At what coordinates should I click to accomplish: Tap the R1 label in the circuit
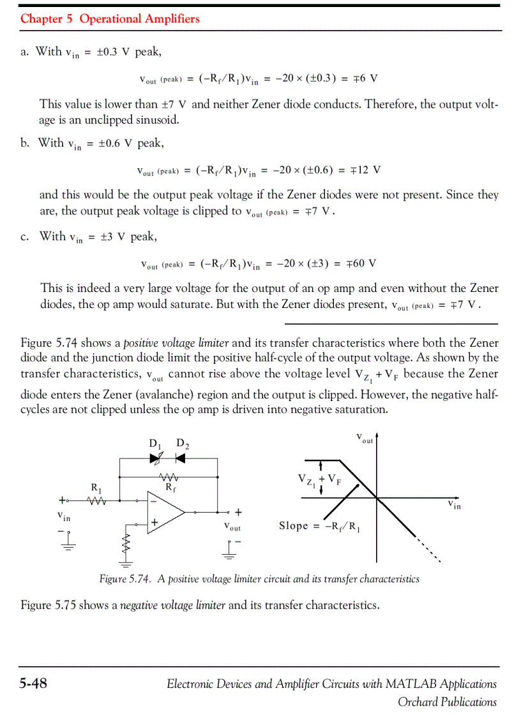[97, 488]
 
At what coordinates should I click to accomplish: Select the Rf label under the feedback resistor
[170, 488]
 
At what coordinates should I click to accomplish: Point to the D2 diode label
[182, 444]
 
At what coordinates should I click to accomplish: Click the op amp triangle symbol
[165, 511]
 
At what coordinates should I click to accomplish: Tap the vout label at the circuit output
[232, 527]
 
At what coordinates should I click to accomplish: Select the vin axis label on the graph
[454, 506]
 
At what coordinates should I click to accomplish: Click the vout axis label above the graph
[365, 439]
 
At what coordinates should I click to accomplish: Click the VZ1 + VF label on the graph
[319, 480]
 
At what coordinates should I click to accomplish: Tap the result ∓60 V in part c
[361, 263]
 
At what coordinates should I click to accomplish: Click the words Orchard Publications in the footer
[447, 702]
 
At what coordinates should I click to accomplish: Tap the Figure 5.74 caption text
[259, 579]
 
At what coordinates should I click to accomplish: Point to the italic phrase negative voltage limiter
[172, 604]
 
